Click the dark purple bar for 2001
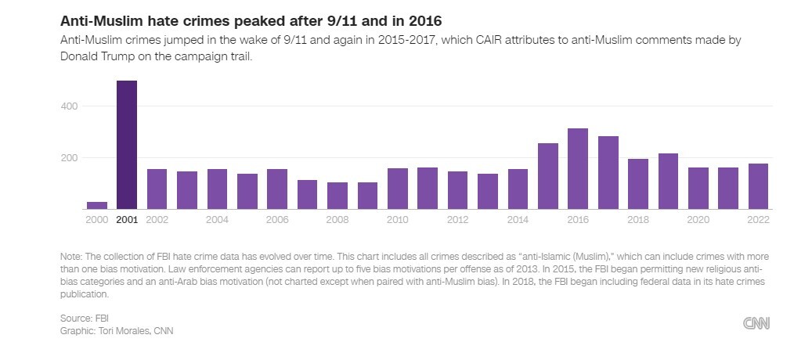[127, 145]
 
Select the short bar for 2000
[97, 205]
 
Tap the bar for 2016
[578, 168]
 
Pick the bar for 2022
[758, 186]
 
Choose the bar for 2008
[337, 196]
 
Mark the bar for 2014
[518, 189]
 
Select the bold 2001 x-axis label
[127, 220]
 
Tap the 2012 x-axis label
[457, 220]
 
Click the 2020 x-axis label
[698, 220]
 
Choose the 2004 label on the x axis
[217, 220]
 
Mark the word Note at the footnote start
[70, 257]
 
